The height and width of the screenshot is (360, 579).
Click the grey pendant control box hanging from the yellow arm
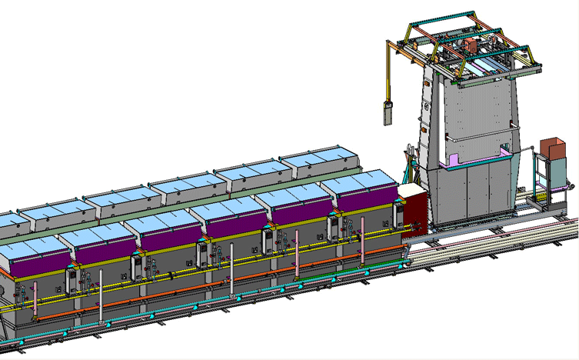(x=389, y=111)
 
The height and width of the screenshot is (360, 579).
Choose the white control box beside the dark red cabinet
(x=398, y=215)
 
